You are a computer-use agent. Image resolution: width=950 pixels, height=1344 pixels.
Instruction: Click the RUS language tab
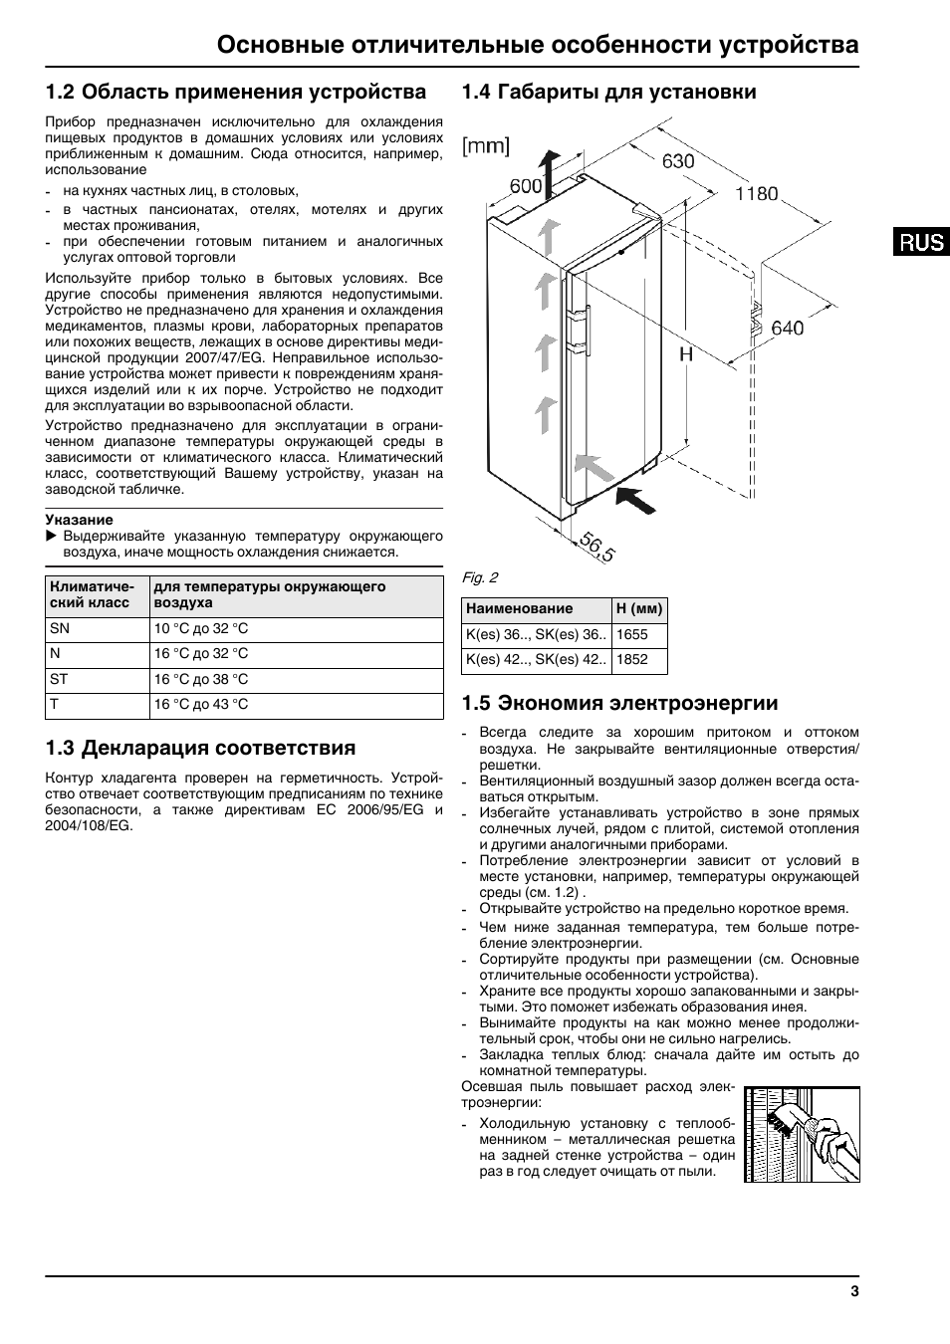(920, 241)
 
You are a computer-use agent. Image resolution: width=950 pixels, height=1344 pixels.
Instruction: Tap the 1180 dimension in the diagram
(757, 194)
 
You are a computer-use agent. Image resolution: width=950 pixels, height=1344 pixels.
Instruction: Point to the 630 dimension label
(678, 161)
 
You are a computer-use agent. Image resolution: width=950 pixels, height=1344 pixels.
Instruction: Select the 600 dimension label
(526, 186)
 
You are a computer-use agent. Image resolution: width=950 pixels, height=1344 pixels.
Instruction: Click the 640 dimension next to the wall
(787, 328)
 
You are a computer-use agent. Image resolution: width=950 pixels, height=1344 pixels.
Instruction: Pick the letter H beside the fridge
(686, 353)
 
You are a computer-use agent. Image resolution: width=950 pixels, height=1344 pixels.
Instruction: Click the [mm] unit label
(485, 146)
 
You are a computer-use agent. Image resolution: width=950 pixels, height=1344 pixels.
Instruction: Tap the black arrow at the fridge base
(636, 498)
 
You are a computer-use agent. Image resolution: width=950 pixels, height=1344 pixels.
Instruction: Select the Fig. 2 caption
(480, 577)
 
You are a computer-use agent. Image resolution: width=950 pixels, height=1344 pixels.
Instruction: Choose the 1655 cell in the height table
(632, 634)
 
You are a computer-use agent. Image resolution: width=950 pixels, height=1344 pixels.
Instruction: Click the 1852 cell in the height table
(632, 659)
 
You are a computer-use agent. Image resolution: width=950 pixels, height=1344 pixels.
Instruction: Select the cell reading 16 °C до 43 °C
(201, 705)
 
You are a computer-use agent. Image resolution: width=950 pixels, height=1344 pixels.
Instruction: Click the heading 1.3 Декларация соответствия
(200, 748)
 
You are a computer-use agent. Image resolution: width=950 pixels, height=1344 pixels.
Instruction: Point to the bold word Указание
(80, 520)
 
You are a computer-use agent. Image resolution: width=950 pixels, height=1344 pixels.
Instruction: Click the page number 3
(854, 1292)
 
